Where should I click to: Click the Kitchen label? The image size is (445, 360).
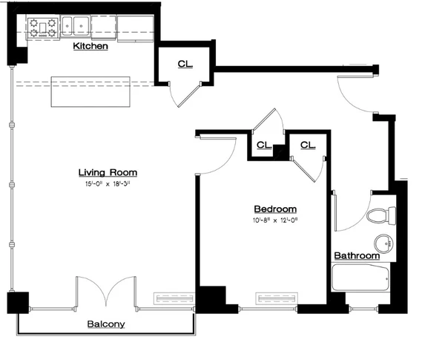click(90, 46)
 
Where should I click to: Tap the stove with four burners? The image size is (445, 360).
click(42, 27)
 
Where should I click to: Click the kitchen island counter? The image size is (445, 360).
click(90, 92)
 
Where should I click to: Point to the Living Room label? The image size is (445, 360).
click(108, 172)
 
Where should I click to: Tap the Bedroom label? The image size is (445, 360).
click(275, 209)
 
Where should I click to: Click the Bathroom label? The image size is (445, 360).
click(356, 255)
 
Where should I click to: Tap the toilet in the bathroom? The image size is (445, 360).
click(380, 215)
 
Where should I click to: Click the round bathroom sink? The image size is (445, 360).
click(384, 243)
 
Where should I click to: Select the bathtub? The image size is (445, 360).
click(360, 280)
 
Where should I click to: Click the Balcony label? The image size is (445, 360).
click(106, 324)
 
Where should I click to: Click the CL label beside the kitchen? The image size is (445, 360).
click(184, 64)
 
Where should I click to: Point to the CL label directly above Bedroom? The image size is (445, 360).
click(263, 144)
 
